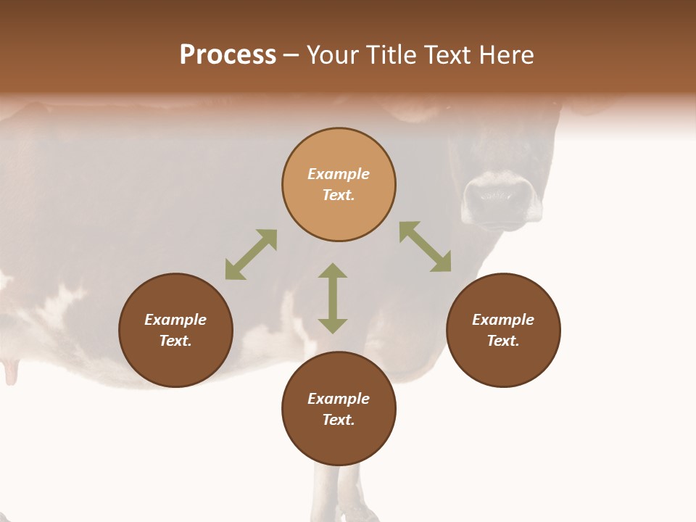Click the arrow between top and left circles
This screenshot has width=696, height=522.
[251, 254]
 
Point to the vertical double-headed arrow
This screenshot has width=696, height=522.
[333, 298]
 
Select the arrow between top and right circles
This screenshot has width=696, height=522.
[426, 246]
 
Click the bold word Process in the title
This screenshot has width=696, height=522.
[228, 54]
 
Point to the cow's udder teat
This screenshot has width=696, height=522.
[11, 371]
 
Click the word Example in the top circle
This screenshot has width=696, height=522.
[339, 174]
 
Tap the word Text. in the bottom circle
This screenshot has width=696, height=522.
[339, 420]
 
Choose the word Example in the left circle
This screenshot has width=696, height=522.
[175, 320]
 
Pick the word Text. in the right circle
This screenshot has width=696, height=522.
[503, 341]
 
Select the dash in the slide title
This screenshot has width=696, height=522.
[291, 55]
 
